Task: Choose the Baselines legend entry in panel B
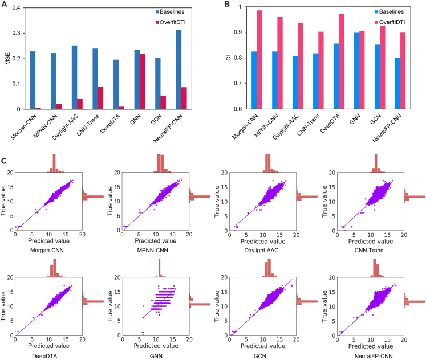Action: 379,11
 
